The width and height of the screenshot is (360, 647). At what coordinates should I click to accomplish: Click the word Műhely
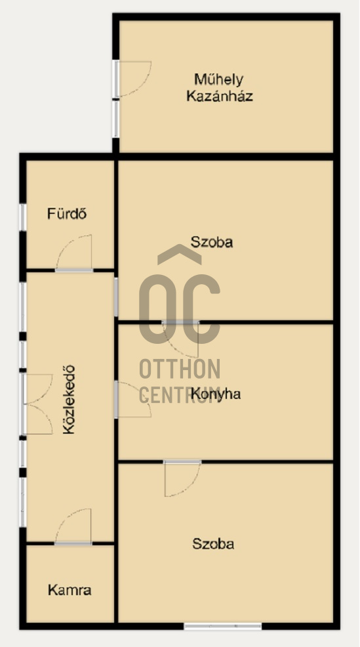[x=218, y=79]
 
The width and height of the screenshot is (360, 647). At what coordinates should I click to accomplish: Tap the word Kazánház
[x=220, y=96]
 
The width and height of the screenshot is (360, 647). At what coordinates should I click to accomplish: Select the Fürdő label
[x=67, y=214]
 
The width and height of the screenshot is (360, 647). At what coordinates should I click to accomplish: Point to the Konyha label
[x=216, y=394]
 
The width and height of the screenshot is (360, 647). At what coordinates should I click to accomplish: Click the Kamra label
[x=70, y=590]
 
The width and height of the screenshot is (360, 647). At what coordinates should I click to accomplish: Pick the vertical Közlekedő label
[x=70, y=400]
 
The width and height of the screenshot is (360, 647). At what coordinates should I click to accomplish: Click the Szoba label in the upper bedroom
[x=212, y=241]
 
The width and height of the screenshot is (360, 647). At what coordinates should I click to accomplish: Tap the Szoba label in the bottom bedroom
[x=213, y=544]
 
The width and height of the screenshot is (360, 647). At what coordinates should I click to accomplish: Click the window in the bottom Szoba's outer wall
[x=223, y=627]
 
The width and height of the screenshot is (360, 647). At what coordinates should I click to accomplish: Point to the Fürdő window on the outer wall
[x=23, y=217]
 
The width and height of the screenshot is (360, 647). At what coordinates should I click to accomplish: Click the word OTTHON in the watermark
[x=180, y=369]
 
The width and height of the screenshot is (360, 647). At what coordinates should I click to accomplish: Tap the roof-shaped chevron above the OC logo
[x=180, y=254]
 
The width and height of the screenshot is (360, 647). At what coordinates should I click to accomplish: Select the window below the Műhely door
[x=116, y=119]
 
